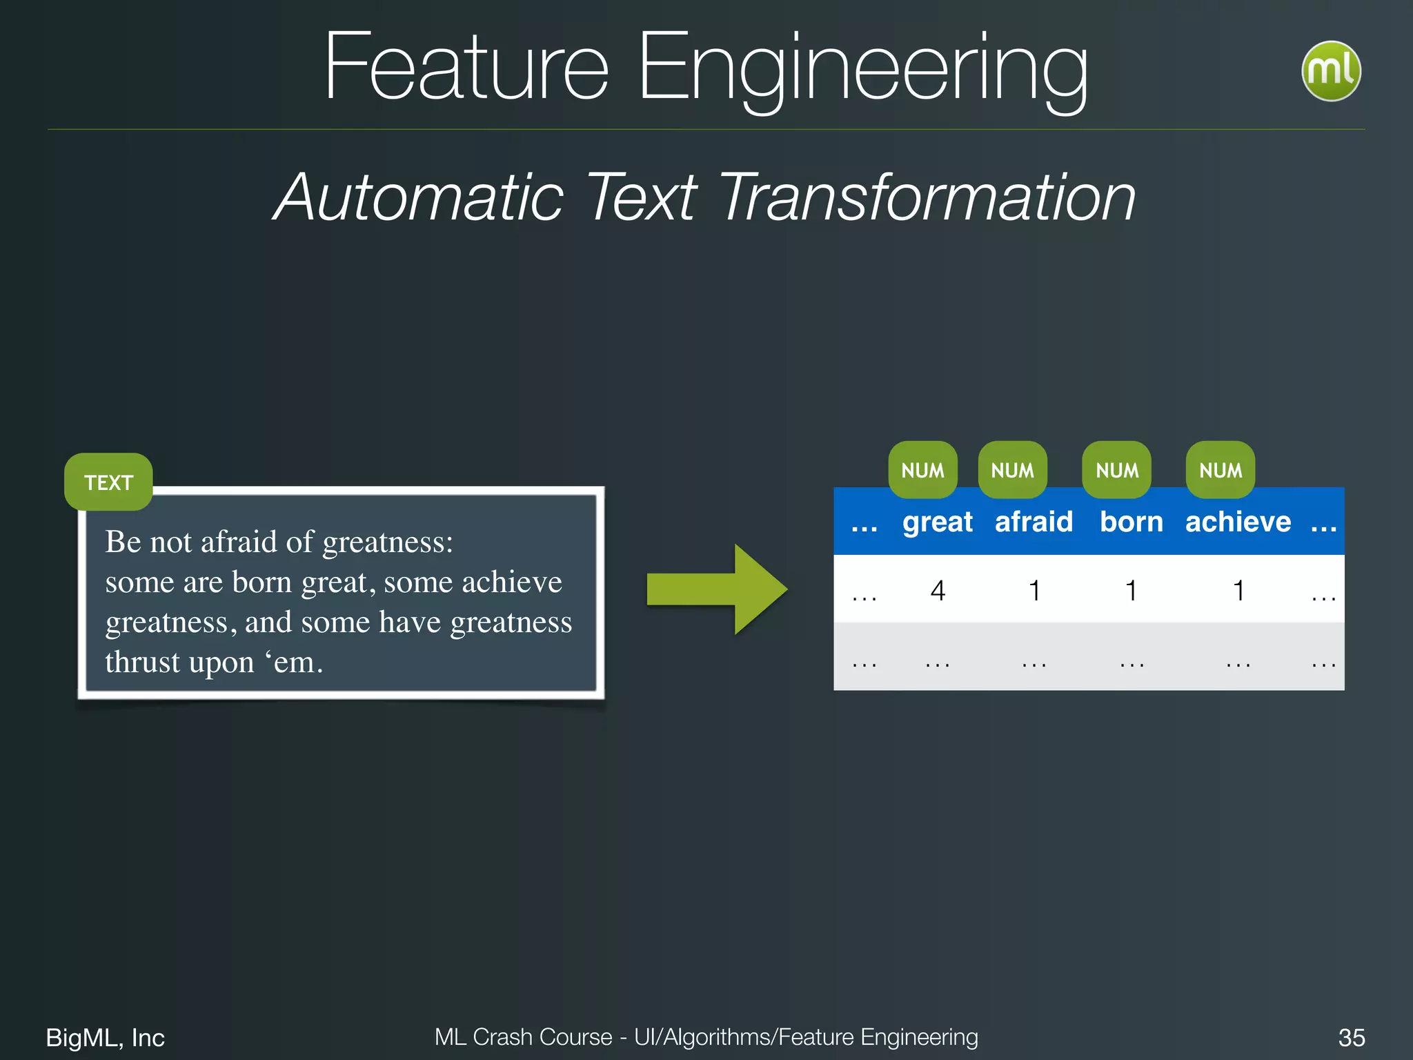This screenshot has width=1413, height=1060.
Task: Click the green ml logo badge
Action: (x=1330, y=71)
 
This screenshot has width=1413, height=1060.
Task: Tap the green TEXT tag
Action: (x=108, y=482)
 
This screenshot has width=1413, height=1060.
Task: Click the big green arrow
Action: (x=718, y=589)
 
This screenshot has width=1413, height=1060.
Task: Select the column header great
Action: (x=937, y=522)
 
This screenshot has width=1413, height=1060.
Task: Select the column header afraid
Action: (x=1034, y=522)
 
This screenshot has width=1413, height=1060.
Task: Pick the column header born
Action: (x=1131, y=522)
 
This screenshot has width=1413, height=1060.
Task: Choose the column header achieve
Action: (x=1238, y=522)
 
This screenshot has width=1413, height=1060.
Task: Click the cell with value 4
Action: (x=937, y=591)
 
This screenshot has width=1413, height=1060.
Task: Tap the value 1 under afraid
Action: (x=1034, y=591)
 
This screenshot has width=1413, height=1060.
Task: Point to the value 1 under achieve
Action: (x=1238, y=591)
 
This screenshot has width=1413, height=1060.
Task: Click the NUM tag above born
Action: (x=1116, y=471)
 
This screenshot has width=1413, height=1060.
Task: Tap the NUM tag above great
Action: (x=922, y=471)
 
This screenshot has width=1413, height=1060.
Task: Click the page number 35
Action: (x=1351, y=1037)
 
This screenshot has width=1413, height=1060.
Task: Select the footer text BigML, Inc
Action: (x=105, y=1037)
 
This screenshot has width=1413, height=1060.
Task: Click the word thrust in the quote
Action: (x=142, y=662)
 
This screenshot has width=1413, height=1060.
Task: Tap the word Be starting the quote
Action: (x=123, y=542)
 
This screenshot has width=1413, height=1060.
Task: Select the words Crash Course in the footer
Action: (x=542, y=1037)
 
